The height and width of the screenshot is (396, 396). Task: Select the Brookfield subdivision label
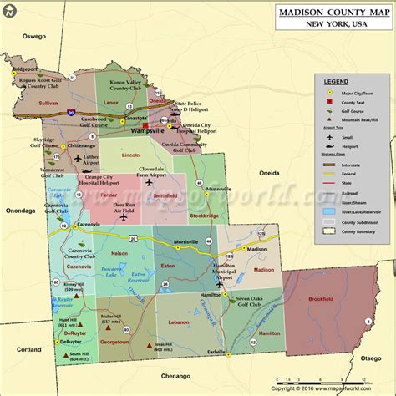[x=318, y=321]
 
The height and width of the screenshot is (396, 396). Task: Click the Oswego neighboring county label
[x=34, y=36]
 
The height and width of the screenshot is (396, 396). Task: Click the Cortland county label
[x=28, y=349]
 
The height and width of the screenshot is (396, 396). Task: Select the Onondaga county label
[x=23, y=211]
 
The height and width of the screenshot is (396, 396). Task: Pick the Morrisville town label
[x=185, y=242]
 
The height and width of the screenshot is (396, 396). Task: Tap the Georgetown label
[x=115, y=342]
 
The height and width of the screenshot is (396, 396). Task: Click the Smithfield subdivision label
[x=165, y=195]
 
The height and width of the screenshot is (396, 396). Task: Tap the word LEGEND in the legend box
[x=336, y=80]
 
